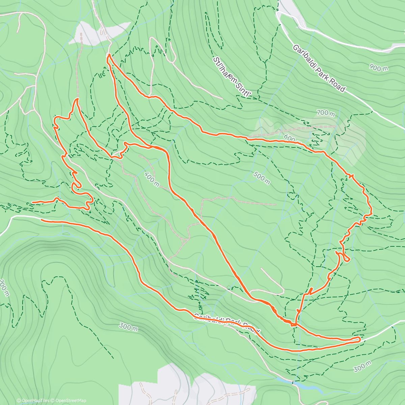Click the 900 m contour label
point(378,68)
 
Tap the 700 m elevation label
point(326,113)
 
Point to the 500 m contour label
point(261,178)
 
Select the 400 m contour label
point(152,179)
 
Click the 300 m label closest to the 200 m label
point(128,327)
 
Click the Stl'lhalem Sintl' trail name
point(233,78)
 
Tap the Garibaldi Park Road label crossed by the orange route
point(226,322)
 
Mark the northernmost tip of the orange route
point(108,54)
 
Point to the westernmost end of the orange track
point(32,202)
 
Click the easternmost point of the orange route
point(372,213)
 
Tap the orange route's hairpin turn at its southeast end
point(359,339)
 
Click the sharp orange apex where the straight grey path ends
point(77,99)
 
